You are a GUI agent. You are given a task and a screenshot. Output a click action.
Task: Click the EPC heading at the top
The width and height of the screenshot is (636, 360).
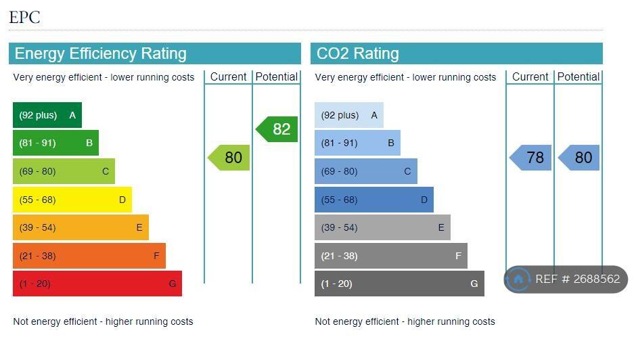click(24, 17)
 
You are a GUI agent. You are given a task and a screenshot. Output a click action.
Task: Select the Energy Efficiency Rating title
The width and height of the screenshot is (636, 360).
click(100, 53)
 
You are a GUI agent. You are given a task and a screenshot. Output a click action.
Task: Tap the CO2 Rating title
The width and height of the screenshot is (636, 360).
click(357, 53)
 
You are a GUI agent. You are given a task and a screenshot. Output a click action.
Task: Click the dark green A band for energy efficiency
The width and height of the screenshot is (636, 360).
click(47, 115)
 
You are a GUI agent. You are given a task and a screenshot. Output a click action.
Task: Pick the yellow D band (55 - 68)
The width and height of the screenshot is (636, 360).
click(72, 200)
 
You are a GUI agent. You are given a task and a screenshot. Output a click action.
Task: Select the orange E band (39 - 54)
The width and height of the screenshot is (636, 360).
click(80, 227)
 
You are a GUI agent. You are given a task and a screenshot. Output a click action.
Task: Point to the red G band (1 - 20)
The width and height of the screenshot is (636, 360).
click(97, 284)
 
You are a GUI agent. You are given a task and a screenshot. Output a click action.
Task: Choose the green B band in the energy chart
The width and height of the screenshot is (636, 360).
click(55, 143)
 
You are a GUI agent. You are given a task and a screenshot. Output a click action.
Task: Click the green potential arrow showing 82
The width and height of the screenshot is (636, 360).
click(278, 129)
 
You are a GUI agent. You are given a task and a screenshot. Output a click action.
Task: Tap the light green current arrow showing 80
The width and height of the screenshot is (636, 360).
click(230, 158)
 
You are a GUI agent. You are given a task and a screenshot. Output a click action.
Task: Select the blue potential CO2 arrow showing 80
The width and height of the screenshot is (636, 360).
click(580, 158)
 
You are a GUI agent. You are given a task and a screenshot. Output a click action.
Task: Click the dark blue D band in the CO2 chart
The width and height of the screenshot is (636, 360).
click(373, 200)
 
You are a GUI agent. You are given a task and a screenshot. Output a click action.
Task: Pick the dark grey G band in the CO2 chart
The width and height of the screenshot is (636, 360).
click(399, 284)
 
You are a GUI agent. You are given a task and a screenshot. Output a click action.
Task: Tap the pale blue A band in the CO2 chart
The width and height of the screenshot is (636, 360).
click(348, 115)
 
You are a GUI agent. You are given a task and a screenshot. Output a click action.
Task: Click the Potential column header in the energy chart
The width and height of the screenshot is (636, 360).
click(276, 76)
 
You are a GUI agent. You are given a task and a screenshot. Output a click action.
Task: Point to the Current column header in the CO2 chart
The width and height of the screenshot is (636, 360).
click(530, 76)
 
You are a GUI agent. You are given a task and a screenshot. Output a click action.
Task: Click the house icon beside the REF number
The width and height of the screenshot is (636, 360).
click(518, 279)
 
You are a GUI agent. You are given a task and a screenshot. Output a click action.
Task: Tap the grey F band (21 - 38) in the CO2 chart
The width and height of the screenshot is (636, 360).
click(390, 256)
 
